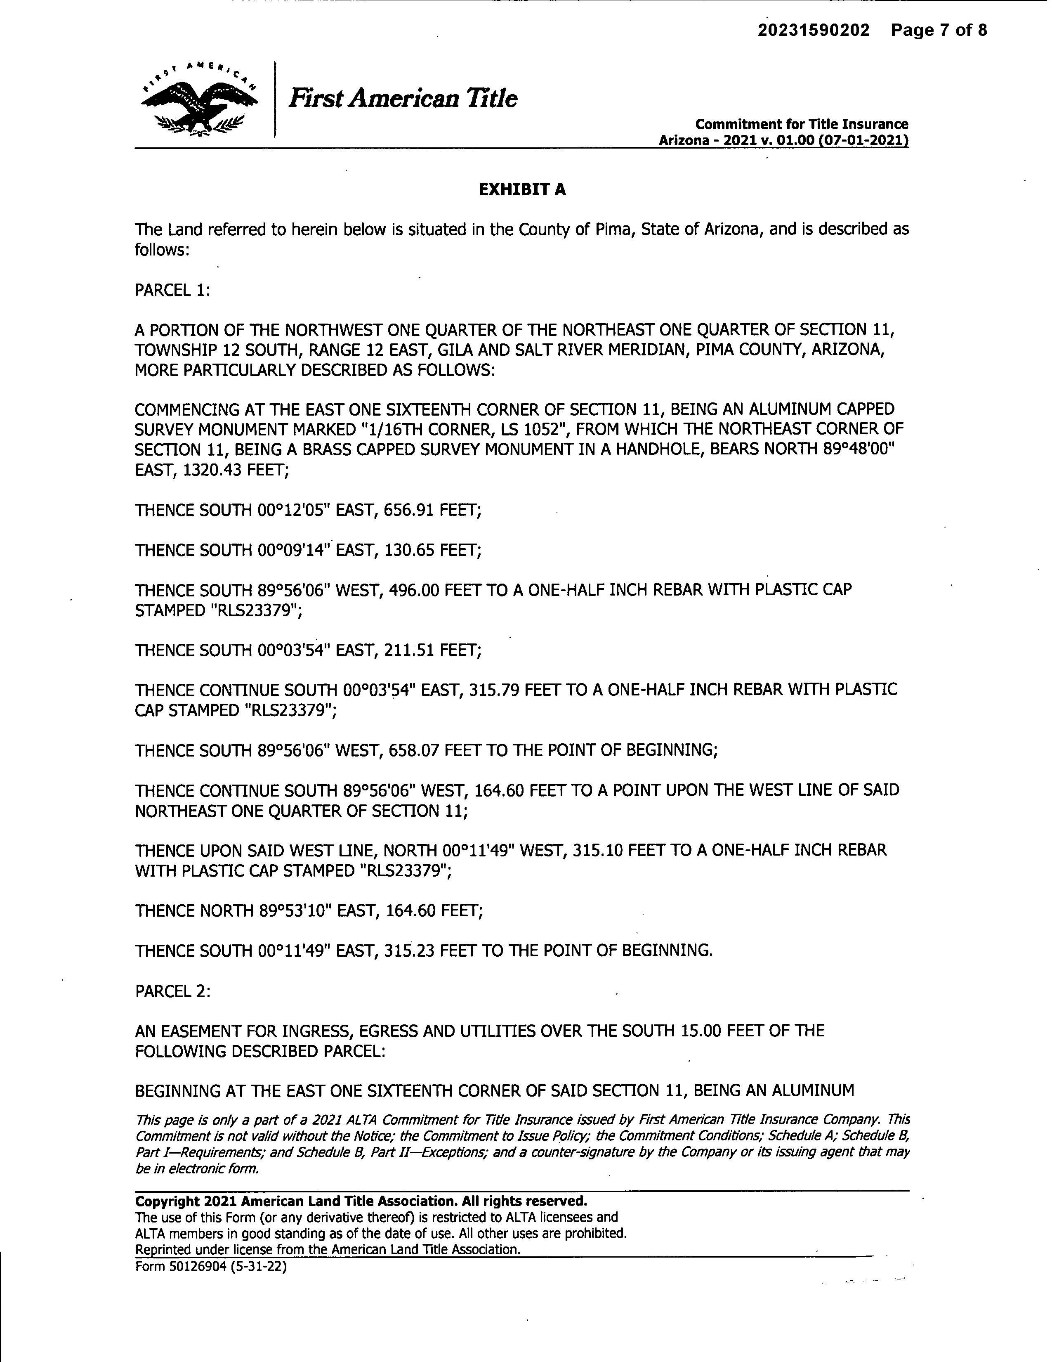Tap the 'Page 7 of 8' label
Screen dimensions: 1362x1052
[x=939, y=30]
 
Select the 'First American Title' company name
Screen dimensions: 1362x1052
[x=403, y=99]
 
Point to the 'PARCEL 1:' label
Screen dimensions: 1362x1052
[x=172, y=291]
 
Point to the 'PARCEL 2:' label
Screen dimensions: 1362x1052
[x=172, y=991]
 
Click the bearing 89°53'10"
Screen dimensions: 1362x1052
[x=295, y=911]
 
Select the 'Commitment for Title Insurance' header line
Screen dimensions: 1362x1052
[x=802, y=124]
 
